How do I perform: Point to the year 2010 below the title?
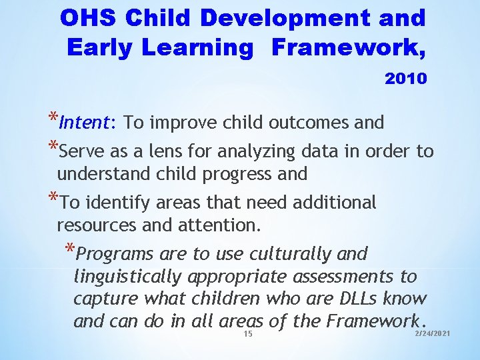[405, 79]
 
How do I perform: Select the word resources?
[98, 225]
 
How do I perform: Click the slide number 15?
[248, 333]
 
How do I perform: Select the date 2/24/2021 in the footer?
[433, 332]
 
